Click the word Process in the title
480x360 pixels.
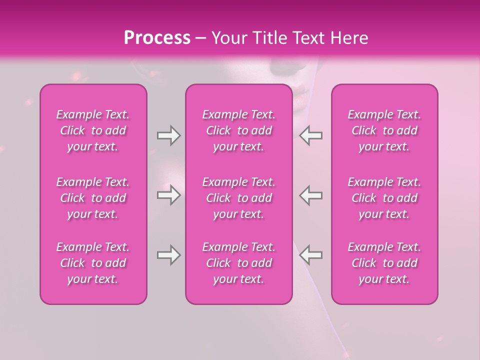point(157,38)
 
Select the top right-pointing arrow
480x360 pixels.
point(168,135)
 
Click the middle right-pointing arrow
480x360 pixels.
point(168,195)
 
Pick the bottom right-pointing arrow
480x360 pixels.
point(168,255)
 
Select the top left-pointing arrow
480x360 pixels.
point(310,135)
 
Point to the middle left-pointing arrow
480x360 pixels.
point(310,195)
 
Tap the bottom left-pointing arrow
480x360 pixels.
point(310,255)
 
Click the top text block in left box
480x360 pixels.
point(93,130)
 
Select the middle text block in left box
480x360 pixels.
point(93,198)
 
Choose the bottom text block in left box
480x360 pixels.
point(93,263)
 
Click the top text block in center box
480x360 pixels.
point(238,130)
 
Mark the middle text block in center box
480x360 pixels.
point(238,198)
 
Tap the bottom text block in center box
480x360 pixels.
point(238,263)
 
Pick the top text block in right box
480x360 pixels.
point(384,130)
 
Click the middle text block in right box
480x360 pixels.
point(384,198)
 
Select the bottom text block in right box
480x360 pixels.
point(384,263)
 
